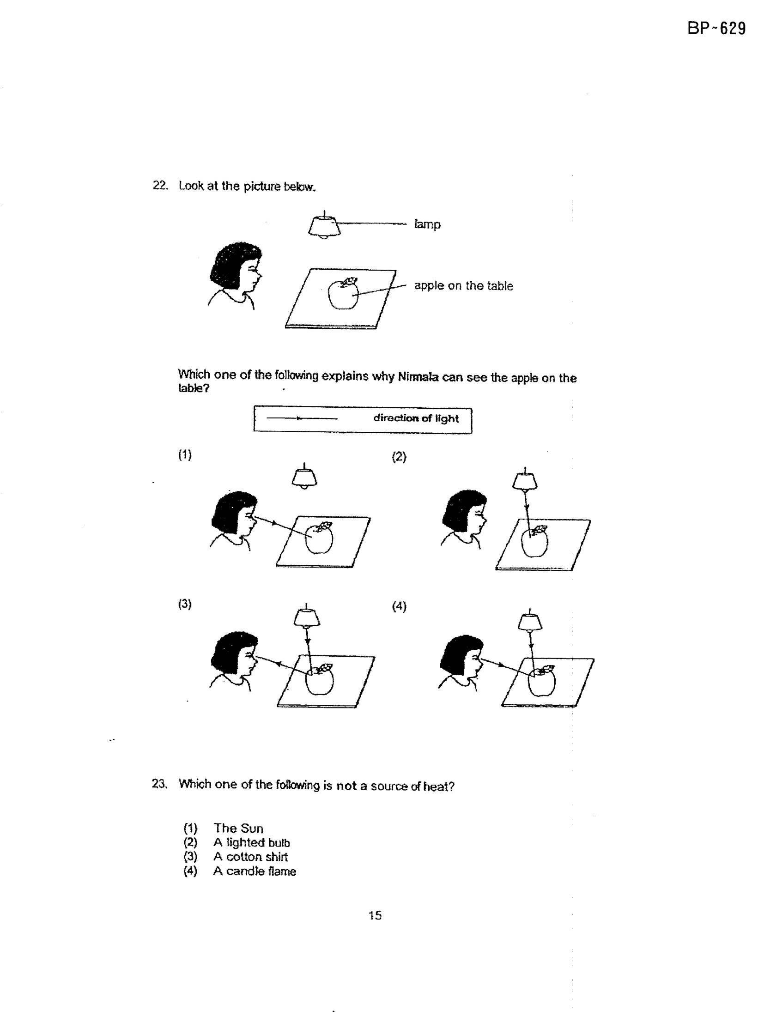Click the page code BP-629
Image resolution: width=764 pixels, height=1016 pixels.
716,29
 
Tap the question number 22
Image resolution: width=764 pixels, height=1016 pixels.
160,186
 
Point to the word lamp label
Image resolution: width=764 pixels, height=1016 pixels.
427,224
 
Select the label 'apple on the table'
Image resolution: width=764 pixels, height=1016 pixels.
463,286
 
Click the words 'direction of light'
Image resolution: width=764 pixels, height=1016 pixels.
416,418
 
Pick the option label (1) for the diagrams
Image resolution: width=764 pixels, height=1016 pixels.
185,455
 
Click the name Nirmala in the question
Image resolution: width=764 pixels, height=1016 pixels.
418,377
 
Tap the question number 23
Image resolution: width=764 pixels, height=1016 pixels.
158,784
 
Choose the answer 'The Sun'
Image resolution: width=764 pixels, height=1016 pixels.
238,829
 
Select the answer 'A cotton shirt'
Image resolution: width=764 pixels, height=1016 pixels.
250,857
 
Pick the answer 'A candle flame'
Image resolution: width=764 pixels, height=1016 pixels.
255,871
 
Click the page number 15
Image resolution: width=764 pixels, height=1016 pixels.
375,915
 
